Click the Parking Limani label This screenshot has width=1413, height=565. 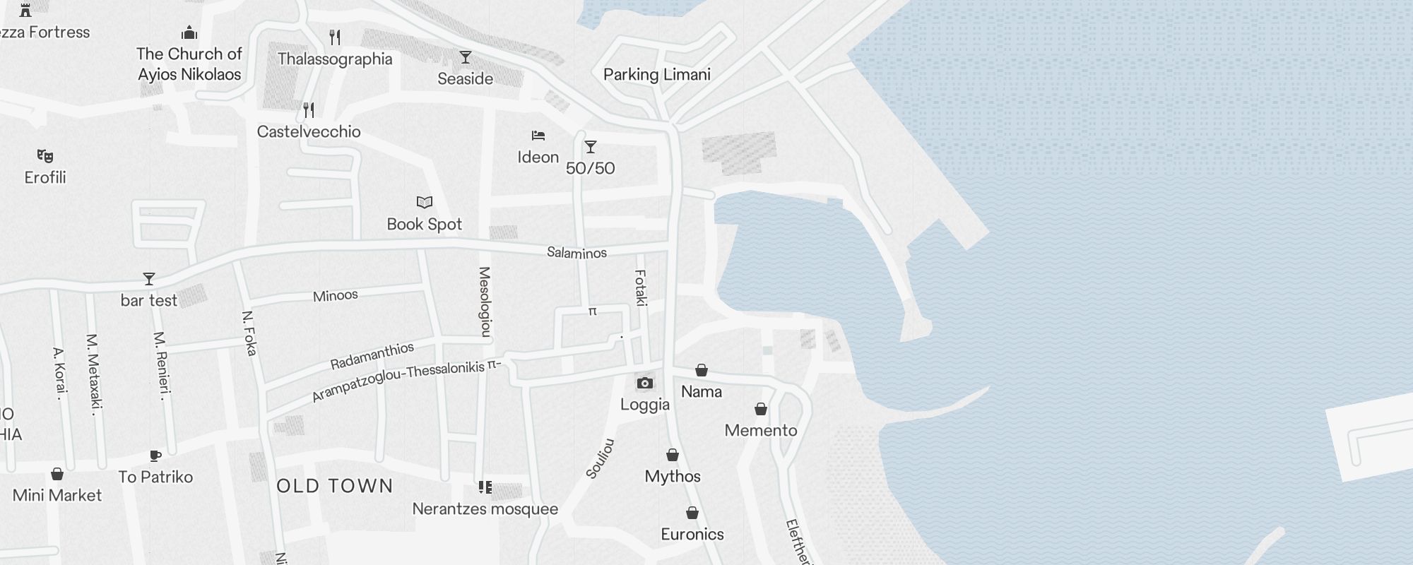pyautogui.click(x=656, y=75)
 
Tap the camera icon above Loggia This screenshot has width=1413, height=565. pyautogui.click(x=644, y=383)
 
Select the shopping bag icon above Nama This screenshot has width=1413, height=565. pyautogui.click(x=702, y=370)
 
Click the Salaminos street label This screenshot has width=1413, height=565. pyautogui.click(x=577, y=253)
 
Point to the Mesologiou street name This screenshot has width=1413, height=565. pyautogui.click(x=485, y=302)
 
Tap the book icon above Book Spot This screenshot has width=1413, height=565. pyautogui.click(x=424, y=203)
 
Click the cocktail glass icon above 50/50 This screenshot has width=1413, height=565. pyautogui.click(x=590, y=147)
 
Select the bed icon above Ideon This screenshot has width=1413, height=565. pyautogui.click(x=538, y=136)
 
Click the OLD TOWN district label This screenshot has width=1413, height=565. pyautogui.click(x=335, y=486)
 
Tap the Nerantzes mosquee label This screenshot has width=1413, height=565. pyautogui.click(x=485, y=509)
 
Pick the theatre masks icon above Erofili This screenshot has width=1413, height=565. pyautogui.click(x=45, y=156)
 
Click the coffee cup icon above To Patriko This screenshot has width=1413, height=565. pyautogui.click(x=155, y=456)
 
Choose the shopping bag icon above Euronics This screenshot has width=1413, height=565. pyautogui.click(x=692, y=513)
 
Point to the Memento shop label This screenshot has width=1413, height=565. pyautogui.click(x=761, y=431)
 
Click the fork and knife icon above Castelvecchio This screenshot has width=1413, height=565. pyautogui.click(x=309, y=110)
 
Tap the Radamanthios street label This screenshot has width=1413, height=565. pyautogui.click(x=372, y=356)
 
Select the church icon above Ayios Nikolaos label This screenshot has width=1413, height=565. pyautogui.click(x=189, y=32)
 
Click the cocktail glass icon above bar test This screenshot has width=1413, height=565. pyautogui.click(x=148, y=279)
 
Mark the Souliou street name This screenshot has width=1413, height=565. pyautogui.click(x=601, y=459)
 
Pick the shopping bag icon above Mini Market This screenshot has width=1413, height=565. pyautogui.click(x=57, y=474)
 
